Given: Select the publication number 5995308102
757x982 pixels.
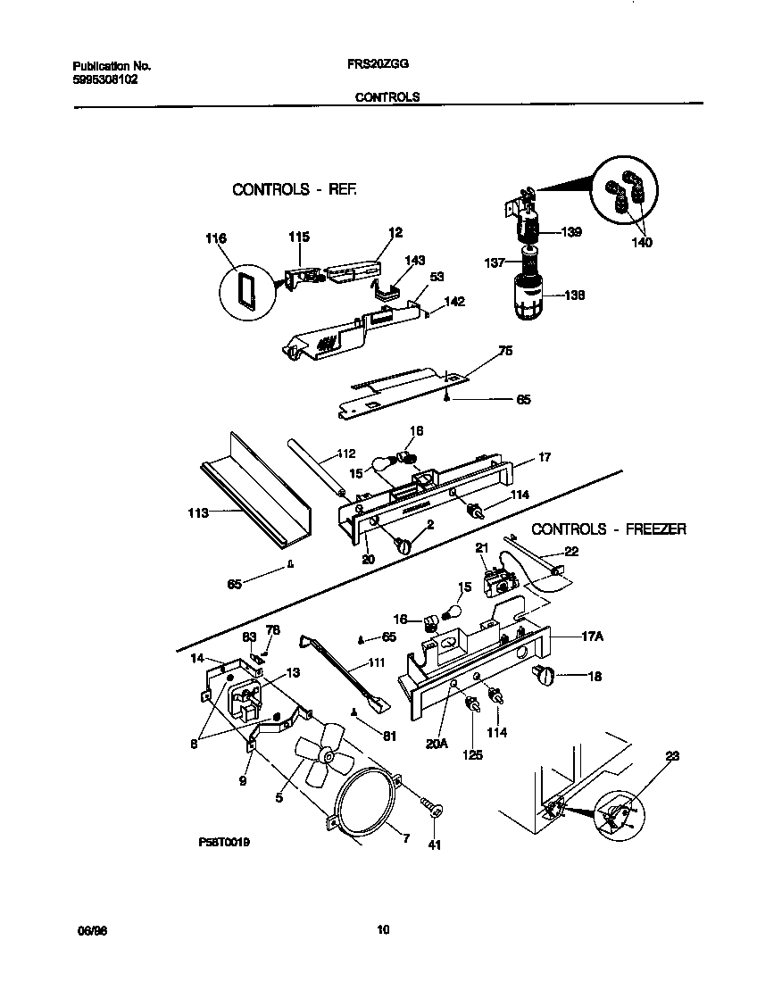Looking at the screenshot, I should tap(104, 79).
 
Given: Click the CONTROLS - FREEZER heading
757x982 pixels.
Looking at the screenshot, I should tap(609, 529).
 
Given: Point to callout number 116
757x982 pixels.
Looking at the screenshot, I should tap(215, 238).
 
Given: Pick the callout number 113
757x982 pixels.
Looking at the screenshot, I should tap(197, 512).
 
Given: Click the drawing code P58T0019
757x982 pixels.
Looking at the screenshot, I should tap(224, 842).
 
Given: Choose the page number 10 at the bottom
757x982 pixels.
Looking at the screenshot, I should tap(383, 930).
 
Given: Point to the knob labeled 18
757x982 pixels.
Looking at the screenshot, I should tap(544, 676).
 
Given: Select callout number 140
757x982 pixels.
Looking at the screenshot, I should tap(641, 242).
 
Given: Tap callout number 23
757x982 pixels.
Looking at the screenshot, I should tap(672, 756).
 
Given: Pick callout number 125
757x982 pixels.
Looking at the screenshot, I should tap(472, 754).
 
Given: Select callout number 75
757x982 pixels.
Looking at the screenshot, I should tap(504, 351).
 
